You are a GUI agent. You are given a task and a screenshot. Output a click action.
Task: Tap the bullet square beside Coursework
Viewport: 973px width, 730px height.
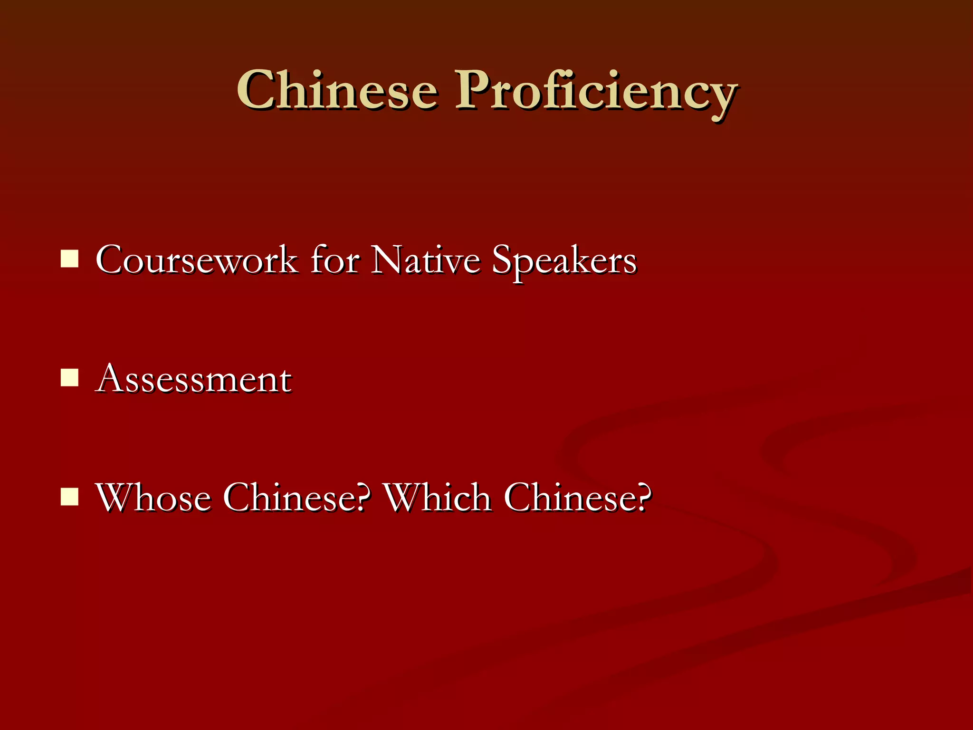tap(70, 259)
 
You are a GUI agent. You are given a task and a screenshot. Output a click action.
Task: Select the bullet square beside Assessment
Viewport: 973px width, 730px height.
tap(70, 378)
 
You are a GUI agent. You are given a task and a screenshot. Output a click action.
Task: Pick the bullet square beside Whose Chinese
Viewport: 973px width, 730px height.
tap(70, 497)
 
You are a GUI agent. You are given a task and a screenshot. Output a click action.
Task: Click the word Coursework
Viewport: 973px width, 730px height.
tap(196, 260)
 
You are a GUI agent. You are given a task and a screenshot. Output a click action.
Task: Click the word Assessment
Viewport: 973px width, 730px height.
tap(193, 379)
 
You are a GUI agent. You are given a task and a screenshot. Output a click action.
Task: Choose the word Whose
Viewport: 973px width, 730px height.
tap(153, 498)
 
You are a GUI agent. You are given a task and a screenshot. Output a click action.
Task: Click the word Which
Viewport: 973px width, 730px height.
tap(437, 498)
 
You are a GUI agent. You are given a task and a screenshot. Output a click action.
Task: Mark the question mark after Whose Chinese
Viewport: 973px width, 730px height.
tap(362, 498)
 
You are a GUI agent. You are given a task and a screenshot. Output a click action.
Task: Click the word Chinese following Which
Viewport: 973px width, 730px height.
tap(568, 498)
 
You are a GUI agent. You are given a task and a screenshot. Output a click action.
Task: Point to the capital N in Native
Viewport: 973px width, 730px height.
tap(388, 260)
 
